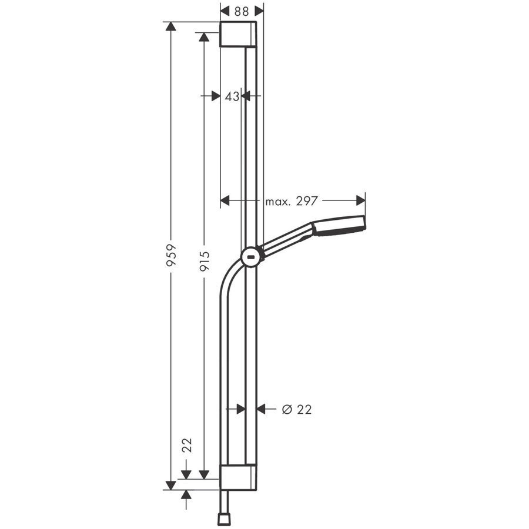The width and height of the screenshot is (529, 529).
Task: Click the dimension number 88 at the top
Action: click(x=242, y=11)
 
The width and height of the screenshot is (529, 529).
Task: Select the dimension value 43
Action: click(x=232, y=96)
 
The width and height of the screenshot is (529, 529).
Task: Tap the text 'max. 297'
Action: click(x=291, y=201)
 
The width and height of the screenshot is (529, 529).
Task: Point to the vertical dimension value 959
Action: click(x=171, y=256)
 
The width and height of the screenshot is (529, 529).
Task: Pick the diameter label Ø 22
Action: click(x=297, y=409)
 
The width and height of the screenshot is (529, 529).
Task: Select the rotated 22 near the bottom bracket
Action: click(x=187, y=445)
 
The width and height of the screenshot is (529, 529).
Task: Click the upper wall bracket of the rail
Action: click(x=238, y=34)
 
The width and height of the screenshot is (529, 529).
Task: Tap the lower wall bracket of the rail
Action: click(x=238, y=477)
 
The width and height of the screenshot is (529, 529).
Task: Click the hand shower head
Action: click(x=339, y=225)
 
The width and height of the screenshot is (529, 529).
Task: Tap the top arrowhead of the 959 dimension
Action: click(x=171, y=27)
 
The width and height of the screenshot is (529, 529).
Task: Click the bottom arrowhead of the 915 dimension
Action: click(x=204, y=474)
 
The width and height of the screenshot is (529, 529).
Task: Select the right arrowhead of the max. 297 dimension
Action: click(x=360, y=201)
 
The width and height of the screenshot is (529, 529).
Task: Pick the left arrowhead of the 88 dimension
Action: click(x=225, y=11)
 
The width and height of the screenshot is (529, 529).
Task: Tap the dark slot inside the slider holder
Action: click(x=252, y=256)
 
